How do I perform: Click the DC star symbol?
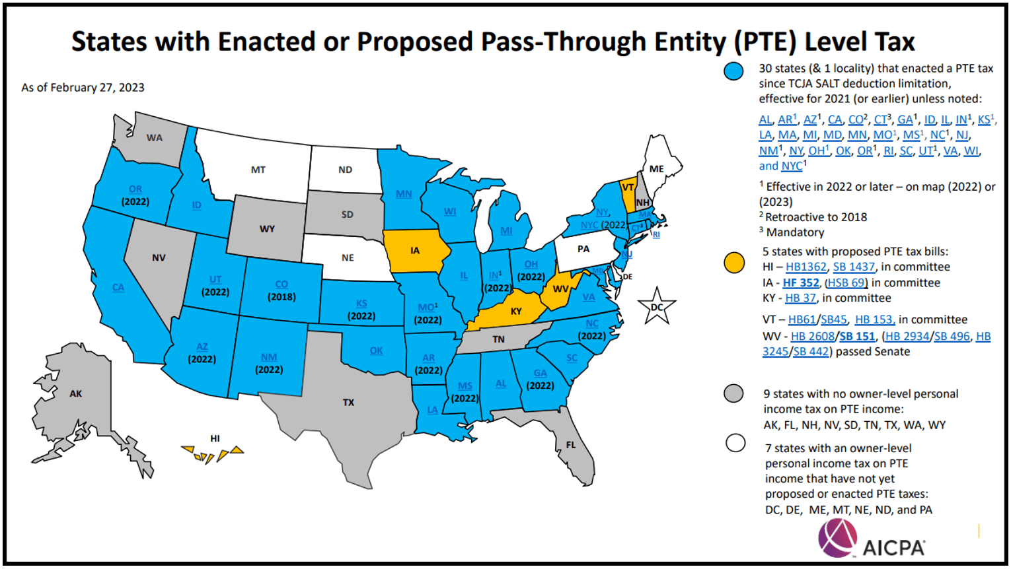[656, 307]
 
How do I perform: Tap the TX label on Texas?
[348, 402]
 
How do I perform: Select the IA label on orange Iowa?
[415, 250]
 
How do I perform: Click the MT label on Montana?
[258, 170]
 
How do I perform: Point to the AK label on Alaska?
[76, 393]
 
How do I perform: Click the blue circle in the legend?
[733, 71]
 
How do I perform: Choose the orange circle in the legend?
[733, 263]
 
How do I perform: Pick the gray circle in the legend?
[733, 393]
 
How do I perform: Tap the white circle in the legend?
[735, 443]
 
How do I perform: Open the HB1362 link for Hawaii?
[805, 267]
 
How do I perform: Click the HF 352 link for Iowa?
[801, 283]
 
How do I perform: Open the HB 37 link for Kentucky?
[800, 298]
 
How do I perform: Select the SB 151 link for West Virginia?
[857, 336]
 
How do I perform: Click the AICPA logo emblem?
[837, 537]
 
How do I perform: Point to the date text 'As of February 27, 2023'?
[83, 87]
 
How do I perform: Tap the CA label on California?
[118, 287]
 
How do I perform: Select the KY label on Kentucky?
[516, 311]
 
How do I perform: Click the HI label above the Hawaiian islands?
[215, 438]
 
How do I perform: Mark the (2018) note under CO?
[281, 297]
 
